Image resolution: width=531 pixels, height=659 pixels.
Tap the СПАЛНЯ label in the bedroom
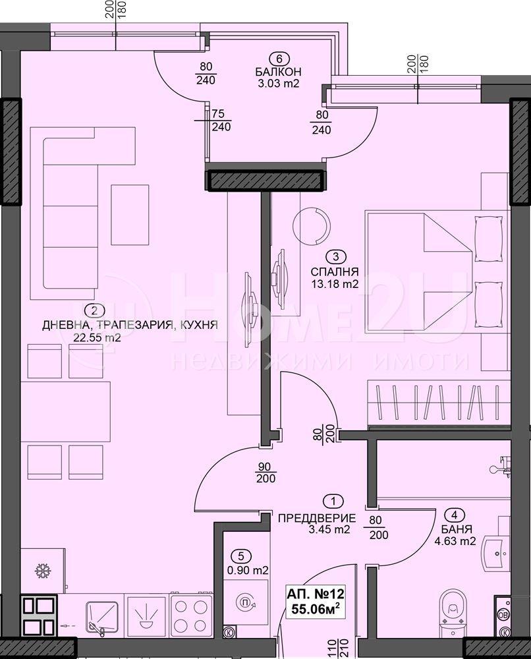[335, 272]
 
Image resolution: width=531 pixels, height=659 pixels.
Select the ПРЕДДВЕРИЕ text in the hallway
[317, 518]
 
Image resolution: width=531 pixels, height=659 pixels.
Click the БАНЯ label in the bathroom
[457, 529]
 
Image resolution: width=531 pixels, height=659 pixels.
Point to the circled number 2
[94, 311]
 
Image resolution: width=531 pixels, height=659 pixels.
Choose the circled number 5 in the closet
[240, 556]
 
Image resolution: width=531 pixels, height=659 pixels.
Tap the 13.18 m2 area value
[335, 283]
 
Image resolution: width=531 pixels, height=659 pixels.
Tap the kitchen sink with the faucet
[101, 614]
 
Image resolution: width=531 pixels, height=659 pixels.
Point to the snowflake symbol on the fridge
[42, 571]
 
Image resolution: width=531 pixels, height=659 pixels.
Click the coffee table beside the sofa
[130, 215]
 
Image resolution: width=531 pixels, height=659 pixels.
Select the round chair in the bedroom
[311, 224]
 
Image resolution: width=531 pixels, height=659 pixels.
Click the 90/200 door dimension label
[265, 473]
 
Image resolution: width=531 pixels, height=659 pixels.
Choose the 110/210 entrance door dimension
[335, 648]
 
